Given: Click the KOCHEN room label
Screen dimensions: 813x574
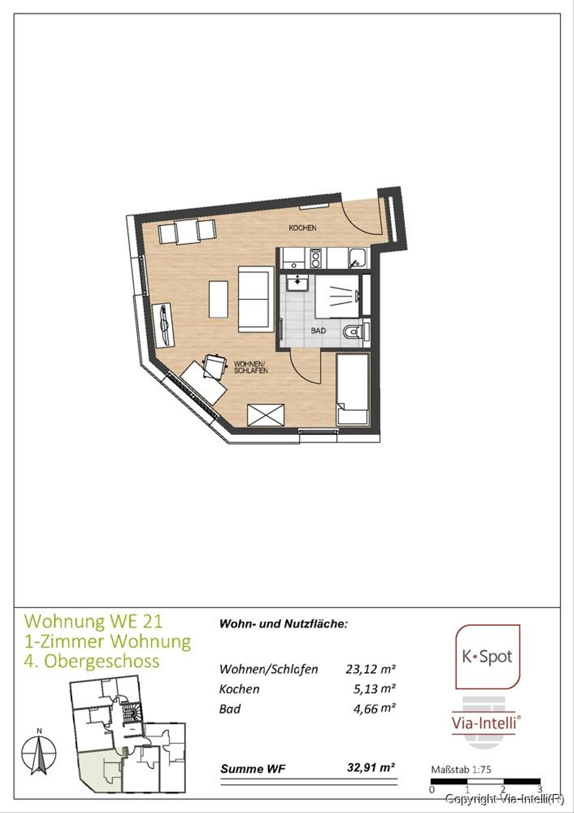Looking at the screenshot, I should [302, 228].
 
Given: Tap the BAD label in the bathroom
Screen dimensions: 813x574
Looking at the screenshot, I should [318, 330].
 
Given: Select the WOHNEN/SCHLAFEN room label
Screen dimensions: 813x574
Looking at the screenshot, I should [251, 367].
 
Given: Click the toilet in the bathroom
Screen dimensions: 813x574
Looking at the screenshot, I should [353, 330].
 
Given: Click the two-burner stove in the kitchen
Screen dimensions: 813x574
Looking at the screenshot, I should [316, 259].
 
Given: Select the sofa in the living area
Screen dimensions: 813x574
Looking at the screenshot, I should [255, 300].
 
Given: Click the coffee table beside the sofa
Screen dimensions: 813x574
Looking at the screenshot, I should [218, 299].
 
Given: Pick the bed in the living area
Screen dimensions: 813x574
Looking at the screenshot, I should [352, 389].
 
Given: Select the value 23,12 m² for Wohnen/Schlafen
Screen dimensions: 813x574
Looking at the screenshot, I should [370, 669].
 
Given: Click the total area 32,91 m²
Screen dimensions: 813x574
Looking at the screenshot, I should [371, 768].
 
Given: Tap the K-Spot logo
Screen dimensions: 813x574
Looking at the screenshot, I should [487, 657].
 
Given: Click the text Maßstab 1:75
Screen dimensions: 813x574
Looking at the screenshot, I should [461, 769].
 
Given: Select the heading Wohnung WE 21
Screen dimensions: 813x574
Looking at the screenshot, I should [94, 621].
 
